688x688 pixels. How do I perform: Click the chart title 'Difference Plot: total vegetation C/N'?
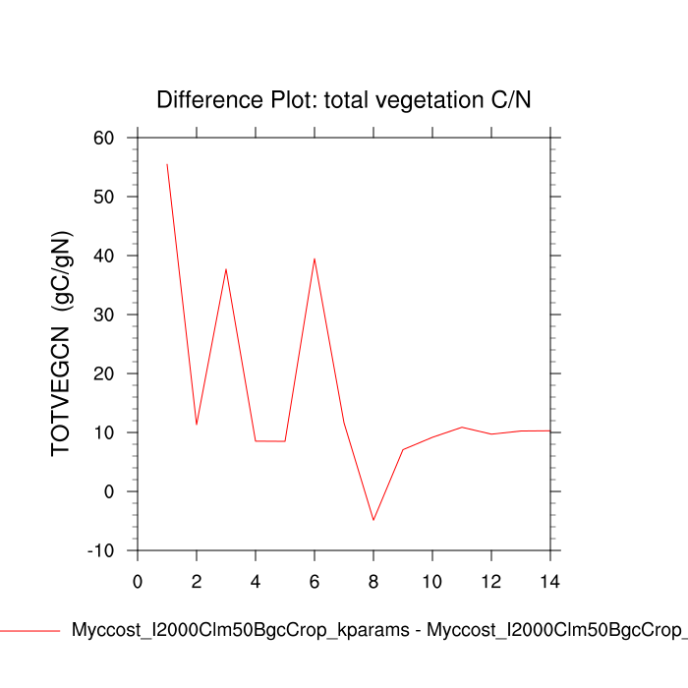pyautogui.click(x=344, y=99)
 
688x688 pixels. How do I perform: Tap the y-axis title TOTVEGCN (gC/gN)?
pyautogui.click(x=62, y=344)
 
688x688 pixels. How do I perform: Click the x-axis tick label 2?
pyautogui.click(x=197, y=582)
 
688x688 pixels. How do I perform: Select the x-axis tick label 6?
pyautogui.click(x=315, y=582)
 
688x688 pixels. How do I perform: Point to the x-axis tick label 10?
pyautogui.click(x=432, y=582)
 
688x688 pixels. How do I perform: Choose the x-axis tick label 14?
pyautogui.click(x=550, y=582)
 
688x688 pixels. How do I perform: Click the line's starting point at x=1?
pyautogui.click(x=167, y=164)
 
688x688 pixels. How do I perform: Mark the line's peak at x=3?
pyautogui.click(x=226, y=268)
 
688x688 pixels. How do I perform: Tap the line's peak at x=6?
pyautogui.click(x=315, y=258)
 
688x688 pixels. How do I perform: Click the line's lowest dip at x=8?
pyautogui.click(x=373, y=520)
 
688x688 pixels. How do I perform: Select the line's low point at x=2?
pyautogui.click(x=197, y=425)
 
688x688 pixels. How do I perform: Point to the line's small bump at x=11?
pyautogui.click(x=462, y=428)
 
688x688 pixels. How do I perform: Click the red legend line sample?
pyautogui.click(x=29, y=631)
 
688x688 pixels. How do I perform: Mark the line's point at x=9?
pyautogui.click(x=403, y=449)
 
